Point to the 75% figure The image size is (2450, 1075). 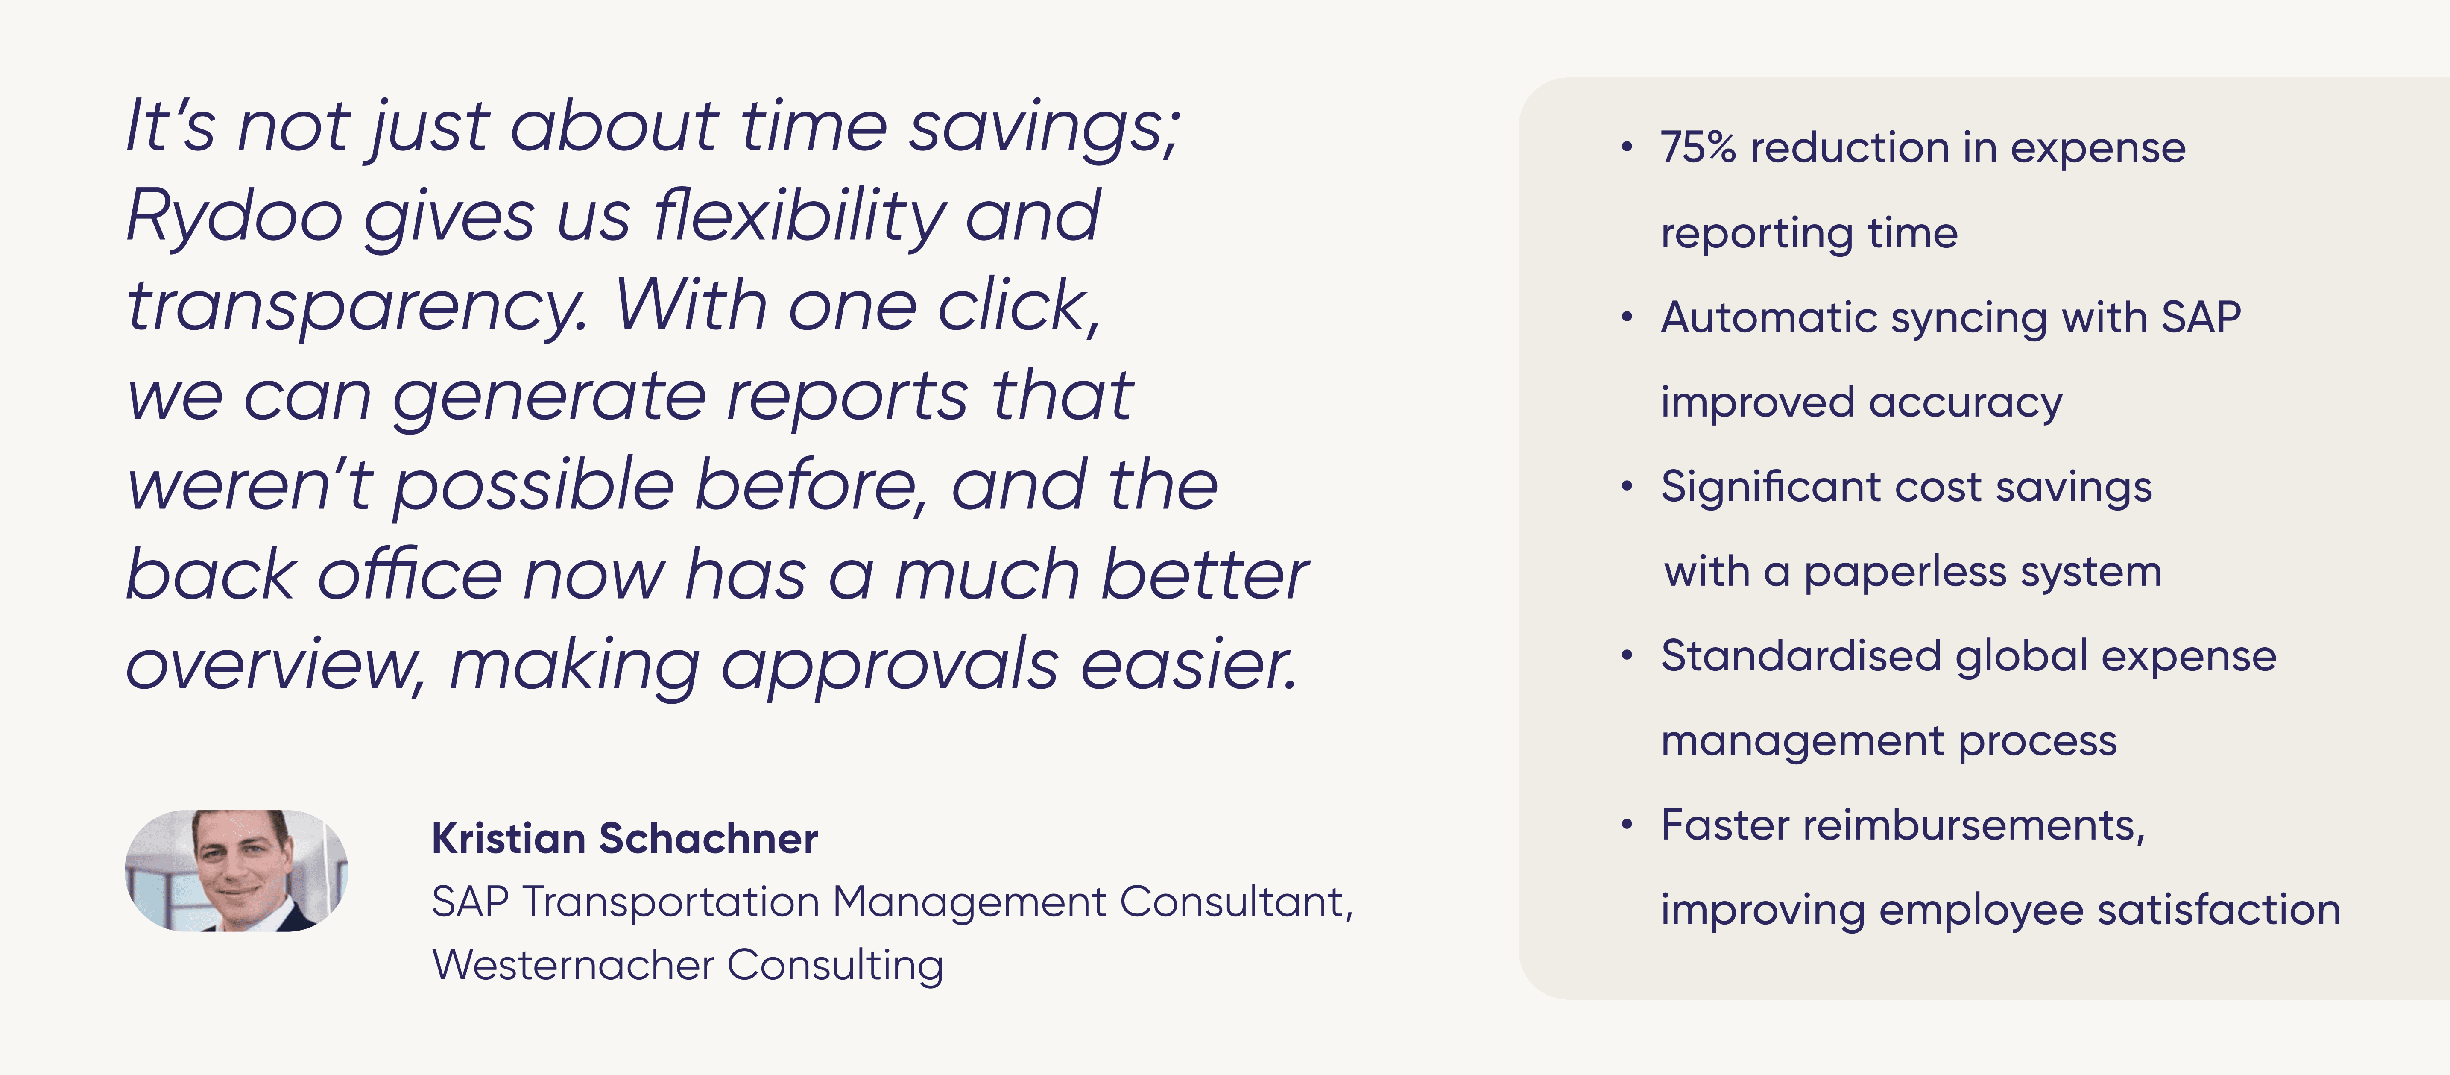[1698, 147]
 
